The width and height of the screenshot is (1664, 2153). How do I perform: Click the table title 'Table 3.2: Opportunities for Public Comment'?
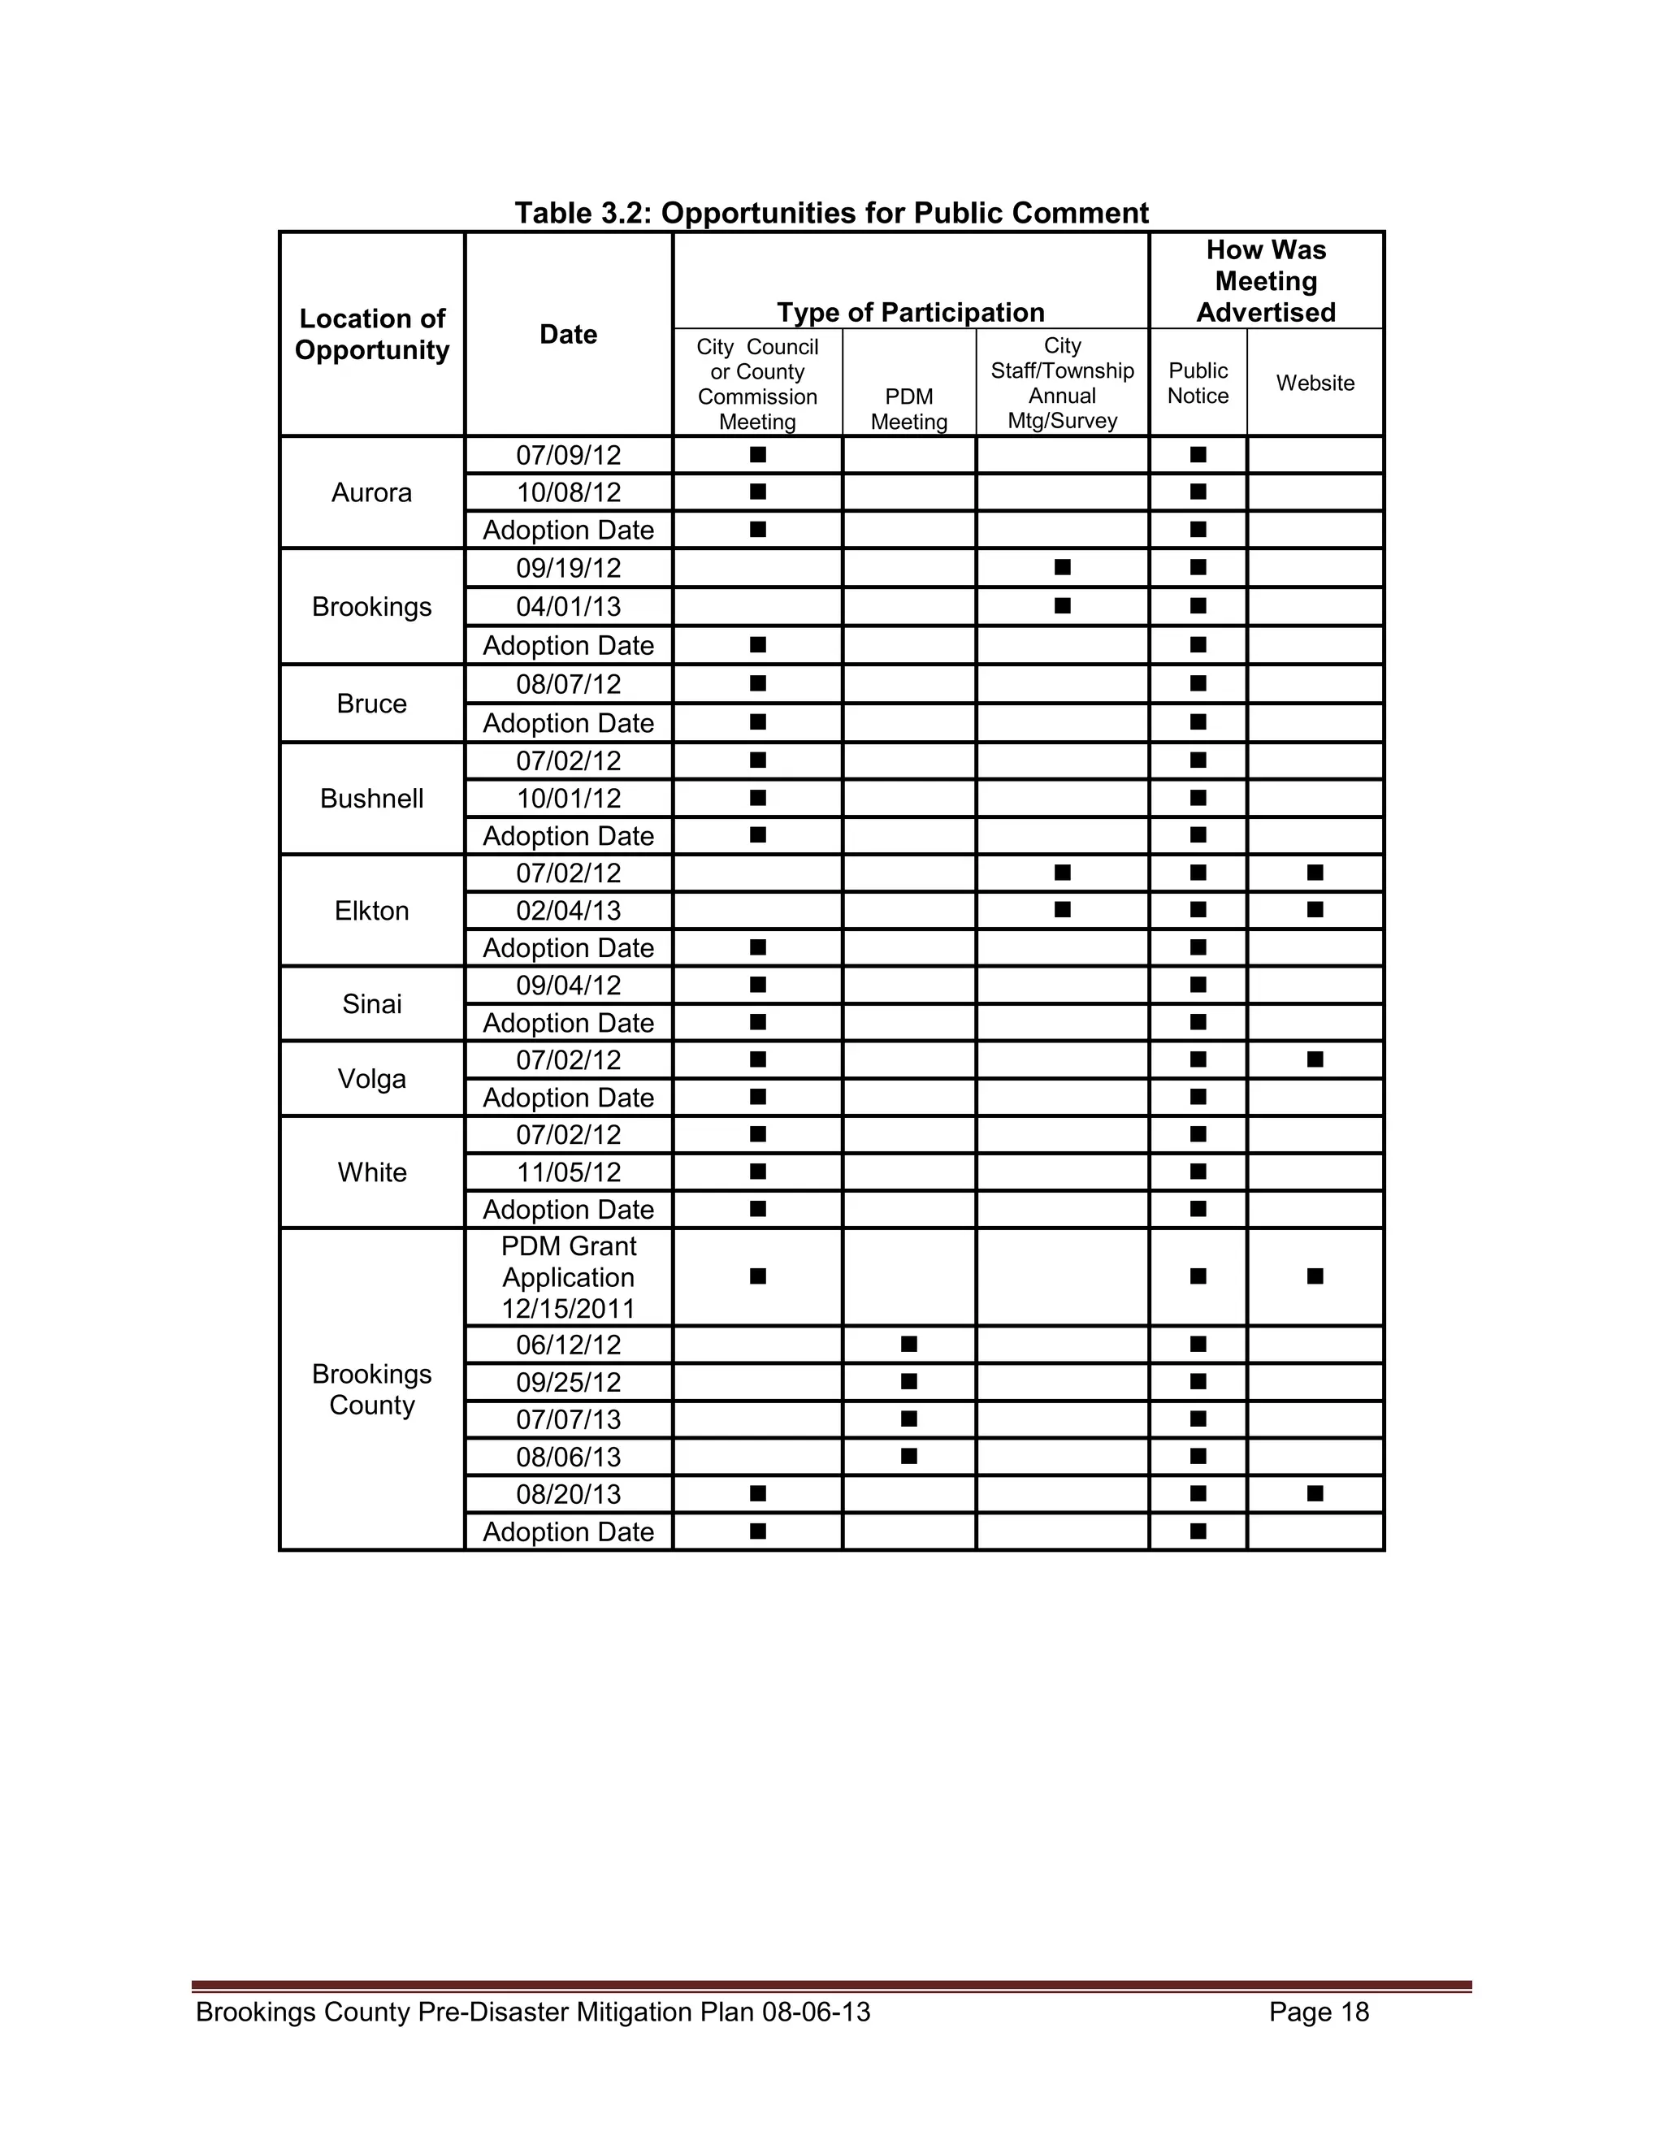pyautogui.click(x=831, y=213)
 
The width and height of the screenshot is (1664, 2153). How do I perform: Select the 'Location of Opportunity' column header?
pyautogui.click(x=371, y=334)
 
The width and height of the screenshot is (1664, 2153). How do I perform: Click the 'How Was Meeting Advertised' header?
pyautogui.click(x=1266, y=281)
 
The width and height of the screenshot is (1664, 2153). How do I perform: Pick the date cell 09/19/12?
pyautogui.click(x=569, y=568)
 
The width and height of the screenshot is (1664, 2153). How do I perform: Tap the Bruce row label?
pyautogui.click(x=371, y=703)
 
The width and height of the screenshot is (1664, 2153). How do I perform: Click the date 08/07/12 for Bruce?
pyautogui.click(x=569, y=683)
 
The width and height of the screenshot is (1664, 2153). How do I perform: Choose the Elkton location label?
pyautogui.click(x=371, y=910)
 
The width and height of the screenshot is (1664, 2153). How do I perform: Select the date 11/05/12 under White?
pyautogui.click(x=569, y=1172)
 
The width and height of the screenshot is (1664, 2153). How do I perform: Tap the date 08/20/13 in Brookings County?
pyautogui.click(x=569, y=1493)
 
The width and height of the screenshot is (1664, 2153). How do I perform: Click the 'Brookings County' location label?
pyautogui.click(x=371, y=1389)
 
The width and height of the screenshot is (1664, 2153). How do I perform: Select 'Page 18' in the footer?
pyautogui.click(x=1318, y=2011)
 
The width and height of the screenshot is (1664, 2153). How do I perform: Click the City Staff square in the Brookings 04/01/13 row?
pyautogui.click(x=1062, y=605)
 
